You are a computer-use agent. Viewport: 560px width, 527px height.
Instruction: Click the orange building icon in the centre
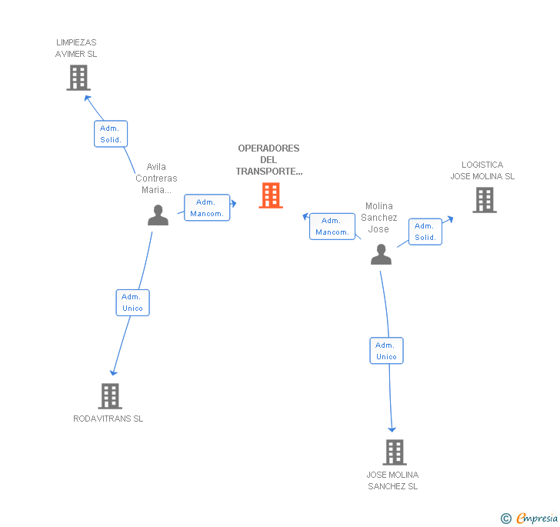[x=271, y=195]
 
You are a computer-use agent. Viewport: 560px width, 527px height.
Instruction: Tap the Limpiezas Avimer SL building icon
[x=78, y=78]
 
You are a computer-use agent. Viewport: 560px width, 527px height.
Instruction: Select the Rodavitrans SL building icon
[x=111, y=396]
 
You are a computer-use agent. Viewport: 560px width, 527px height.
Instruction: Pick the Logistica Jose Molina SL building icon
[x=484, y=200]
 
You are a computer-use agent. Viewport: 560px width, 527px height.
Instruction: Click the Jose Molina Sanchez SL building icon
[x=395, y=452]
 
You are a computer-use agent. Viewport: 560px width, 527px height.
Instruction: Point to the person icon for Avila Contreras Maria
[x=158, y=215]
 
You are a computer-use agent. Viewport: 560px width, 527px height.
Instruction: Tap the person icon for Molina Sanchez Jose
[x=381, y=254]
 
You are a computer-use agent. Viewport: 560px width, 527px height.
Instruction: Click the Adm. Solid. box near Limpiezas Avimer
[x=111, y=134]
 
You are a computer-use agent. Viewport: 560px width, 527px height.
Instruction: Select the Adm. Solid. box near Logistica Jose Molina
[x=425, y=232]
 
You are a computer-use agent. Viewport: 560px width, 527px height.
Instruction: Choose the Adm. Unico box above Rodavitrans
[x=132, y=302]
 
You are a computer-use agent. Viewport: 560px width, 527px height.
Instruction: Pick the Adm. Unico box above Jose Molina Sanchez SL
[x=386, y=351]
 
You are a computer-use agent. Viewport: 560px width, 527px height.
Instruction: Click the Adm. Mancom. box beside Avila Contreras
[x=207, y=208]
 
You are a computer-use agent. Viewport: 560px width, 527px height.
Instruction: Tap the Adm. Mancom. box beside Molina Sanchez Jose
[x=332, y=226]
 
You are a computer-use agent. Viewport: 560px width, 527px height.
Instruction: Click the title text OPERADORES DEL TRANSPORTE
[x=268, y=160]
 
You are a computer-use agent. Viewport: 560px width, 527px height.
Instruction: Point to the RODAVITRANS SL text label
[x=108, y=419]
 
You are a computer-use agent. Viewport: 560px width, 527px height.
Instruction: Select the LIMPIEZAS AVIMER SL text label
[x=76, y=48]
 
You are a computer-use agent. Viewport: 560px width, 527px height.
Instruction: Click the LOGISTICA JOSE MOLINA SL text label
[x=482, y=171]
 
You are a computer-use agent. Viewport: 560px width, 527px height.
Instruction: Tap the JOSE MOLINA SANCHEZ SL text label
[x=392, y=481]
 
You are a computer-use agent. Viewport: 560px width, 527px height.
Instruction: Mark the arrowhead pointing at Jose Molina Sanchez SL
[x=392, y=429]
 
